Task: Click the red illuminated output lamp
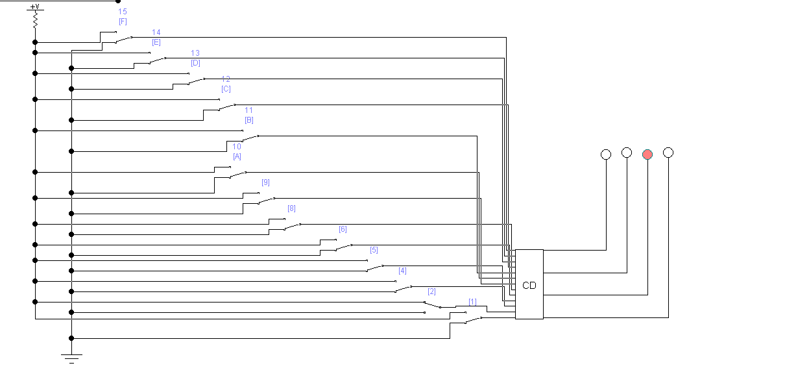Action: coord(647,154)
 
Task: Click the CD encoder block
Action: coord(529,284)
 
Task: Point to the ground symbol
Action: coord(71,356)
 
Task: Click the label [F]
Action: coord(123,21)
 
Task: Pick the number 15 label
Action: coord(123,12)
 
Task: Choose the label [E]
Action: coord(156,42)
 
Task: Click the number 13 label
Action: coord(195,53)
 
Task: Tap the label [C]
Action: coord(226,89)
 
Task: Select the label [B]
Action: coord(249,120)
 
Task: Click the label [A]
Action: coord(237,156)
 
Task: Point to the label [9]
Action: coord(265,182)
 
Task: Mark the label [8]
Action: coord(291,208)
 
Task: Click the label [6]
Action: coord(343,229)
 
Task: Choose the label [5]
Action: coord(374,250)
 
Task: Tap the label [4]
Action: coord(402,271)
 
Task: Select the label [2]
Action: coord(431,291)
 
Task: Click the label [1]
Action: coord(472,302)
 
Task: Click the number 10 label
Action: coord(237,147)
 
